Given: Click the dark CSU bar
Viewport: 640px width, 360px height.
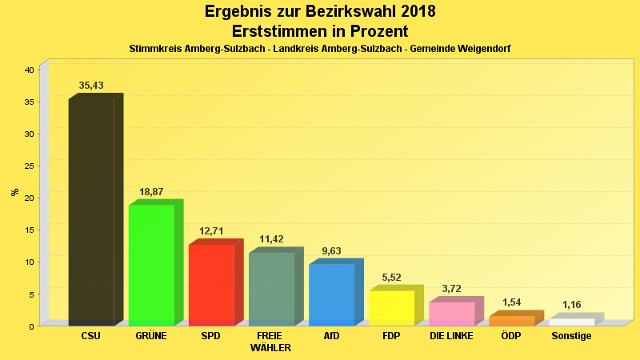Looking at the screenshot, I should tap(91, 212).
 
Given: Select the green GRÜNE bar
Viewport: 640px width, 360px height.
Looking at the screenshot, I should tap(151, 265).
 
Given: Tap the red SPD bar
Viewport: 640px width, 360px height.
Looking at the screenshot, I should tap(211, 285).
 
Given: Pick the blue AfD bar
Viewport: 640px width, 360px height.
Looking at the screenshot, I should tap(331, 294).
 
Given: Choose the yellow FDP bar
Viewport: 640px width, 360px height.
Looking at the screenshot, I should tap(391, 307).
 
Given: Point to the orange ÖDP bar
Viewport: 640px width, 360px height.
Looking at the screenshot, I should tap(511, 321).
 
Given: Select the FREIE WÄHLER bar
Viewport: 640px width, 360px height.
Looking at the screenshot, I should tap(271, 289).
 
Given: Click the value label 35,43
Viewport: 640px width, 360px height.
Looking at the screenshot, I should tap(91, 86).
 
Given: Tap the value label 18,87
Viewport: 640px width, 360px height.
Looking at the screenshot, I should tap(151, 192).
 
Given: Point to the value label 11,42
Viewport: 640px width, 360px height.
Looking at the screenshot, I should tap(272, 239).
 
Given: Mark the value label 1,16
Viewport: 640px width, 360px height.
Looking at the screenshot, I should tap(572, 305).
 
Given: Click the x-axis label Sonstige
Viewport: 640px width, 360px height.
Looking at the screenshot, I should tap(571, 336).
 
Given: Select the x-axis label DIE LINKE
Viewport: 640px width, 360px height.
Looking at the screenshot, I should tap(451, 336).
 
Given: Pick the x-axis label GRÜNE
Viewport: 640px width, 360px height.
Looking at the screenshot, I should tap(151, 336).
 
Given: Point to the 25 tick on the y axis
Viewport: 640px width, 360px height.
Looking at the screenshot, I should tap(29, 166).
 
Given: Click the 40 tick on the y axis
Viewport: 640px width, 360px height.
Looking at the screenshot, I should tap(29, 70).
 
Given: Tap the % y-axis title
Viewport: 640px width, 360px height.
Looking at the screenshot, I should tap(14, 192).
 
